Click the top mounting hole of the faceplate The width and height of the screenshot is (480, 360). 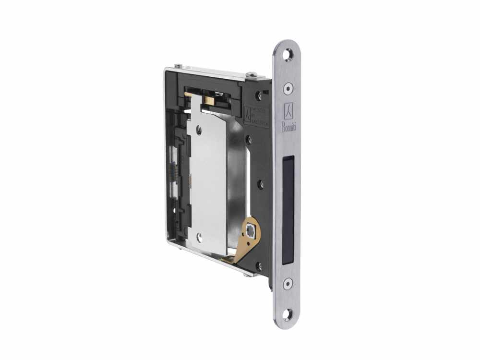[x=288, y=55]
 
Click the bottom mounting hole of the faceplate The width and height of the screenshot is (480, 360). [x=288, y=314]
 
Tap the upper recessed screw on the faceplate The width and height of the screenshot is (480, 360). [x=288, y=87]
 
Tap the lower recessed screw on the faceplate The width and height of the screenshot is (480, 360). [x=288, y=283]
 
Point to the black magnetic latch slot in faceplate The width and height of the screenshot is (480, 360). [x=288, y=210]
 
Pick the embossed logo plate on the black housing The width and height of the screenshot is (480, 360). [x=255, y=115]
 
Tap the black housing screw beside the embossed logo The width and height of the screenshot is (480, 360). [x=260, y=95]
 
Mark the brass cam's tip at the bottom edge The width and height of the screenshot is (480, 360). [x=227, y=261]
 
